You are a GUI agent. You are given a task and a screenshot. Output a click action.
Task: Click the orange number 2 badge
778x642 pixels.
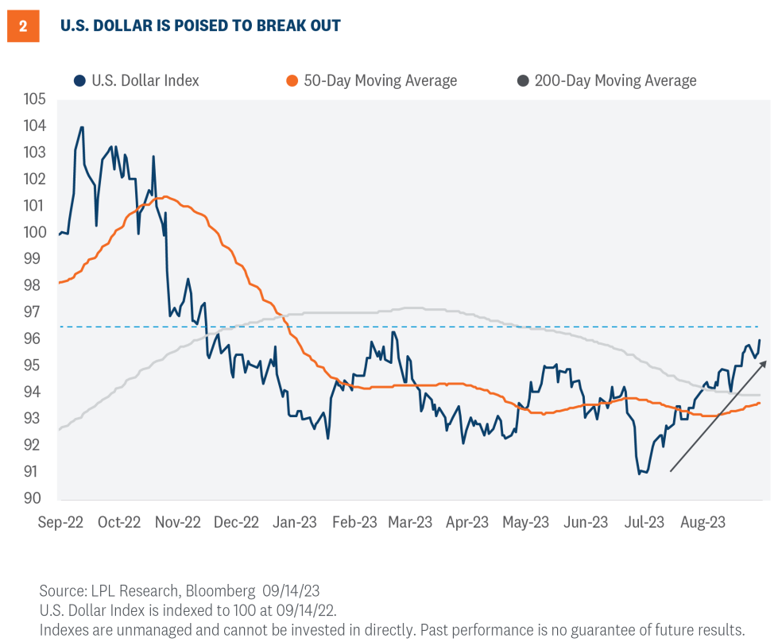coord(23,26)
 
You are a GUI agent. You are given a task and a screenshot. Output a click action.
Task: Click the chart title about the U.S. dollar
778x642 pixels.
coord(200,26)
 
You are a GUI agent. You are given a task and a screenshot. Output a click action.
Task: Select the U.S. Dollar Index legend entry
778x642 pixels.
coord(136,80)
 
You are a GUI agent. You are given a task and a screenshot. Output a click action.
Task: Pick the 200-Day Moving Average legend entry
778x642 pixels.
coord(606,80)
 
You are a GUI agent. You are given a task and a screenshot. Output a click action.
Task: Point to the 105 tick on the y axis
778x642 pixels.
coord(35,99)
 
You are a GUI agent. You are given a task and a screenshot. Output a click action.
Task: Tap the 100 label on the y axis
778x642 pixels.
coord(35,233)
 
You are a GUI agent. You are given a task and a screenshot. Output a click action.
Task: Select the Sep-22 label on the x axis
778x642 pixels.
coord(61,522)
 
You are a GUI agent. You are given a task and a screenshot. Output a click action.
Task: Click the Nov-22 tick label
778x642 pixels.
coord(178,522)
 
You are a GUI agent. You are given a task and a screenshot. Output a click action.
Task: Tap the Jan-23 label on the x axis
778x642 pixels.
coord(296,522)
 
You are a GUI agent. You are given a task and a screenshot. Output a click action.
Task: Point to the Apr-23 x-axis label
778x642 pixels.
coord(467,522)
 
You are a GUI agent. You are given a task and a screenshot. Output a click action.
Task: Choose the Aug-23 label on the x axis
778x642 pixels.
coord(703,522)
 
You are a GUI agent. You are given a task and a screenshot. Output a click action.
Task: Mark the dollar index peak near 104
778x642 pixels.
coord(81,127)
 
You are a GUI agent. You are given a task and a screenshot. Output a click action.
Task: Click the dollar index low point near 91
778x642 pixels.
coord(641,474)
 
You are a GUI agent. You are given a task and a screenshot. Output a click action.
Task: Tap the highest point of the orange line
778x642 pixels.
coord(164,196)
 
